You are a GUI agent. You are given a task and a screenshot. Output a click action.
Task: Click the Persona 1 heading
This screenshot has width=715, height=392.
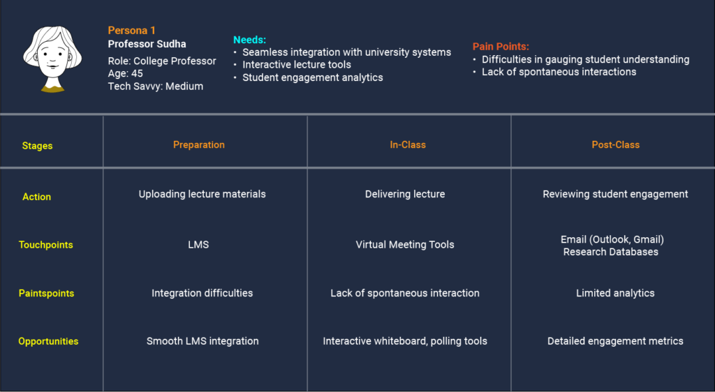[132, 31]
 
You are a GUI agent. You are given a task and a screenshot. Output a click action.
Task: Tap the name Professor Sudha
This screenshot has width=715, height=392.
[147, 44]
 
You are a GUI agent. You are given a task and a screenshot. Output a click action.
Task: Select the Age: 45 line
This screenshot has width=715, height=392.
[126, 73]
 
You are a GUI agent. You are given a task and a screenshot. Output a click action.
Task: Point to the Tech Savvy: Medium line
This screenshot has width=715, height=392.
[156, 86]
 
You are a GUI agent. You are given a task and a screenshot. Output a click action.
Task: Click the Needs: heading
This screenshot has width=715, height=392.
[249, 40]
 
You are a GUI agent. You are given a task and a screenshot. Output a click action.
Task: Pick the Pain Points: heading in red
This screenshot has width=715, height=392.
[501, 47]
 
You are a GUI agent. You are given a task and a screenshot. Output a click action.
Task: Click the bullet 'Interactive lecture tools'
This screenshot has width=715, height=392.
[296, 65]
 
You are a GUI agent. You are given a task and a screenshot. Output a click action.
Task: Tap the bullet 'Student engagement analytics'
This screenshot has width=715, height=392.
[312, 77]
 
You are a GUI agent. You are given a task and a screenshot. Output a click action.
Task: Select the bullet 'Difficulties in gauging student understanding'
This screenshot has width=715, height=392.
[586, 59]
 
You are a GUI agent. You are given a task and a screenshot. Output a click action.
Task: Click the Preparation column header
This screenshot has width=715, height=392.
[199, 145]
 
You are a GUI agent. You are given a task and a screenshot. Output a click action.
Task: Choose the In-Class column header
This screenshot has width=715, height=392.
[408, 145]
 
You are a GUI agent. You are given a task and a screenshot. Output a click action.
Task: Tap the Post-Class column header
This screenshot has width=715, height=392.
[616, 145]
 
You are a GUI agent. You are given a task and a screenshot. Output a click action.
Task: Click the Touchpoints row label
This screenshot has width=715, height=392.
[45, 245]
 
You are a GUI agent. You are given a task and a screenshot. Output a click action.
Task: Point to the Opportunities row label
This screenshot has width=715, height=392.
[48, 342]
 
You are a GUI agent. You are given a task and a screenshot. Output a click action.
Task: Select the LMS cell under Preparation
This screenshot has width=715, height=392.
[198, 245]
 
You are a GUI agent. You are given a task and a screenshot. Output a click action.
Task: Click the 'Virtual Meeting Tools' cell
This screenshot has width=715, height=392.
[405, 245]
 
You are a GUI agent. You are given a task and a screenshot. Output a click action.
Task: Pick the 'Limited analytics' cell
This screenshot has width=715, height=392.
[615, 293]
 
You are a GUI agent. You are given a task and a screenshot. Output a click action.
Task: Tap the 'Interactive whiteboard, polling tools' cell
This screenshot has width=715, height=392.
[405, 341]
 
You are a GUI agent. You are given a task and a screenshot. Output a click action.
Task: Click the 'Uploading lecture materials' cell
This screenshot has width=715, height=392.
[202, 194]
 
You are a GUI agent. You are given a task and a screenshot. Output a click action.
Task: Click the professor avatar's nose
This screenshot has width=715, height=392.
[52, 61]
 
